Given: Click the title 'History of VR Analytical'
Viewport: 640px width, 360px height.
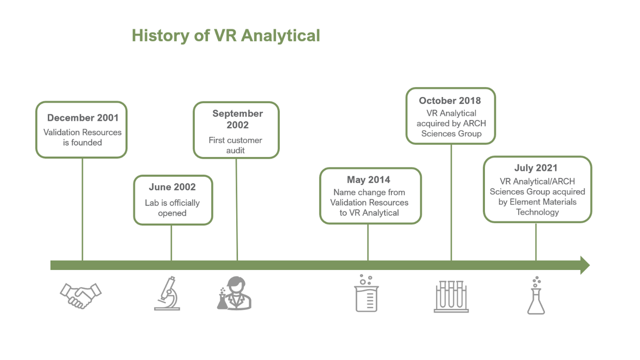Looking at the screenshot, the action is (x=226, y=36).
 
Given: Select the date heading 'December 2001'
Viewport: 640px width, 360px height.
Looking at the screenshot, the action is (x=83, y=118).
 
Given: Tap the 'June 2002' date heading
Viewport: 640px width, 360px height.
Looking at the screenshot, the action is (x=172, y=187).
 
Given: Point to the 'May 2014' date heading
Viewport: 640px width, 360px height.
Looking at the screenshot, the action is (x=369, y=180).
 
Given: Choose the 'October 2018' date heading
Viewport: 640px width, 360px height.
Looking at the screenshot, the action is (x=450, y=100).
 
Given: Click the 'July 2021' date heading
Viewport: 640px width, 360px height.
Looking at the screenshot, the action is (x=536, y=168).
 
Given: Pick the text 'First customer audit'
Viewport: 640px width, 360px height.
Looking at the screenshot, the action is (x=235, y=145).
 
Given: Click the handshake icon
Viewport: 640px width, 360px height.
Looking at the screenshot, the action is (x=81, y=296).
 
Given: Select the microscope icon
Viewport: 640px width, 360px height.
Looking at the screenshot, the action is (x=167, y=293).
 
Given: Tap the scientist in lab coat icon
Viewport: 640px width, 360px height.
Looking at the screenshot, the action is (x=234, y=293).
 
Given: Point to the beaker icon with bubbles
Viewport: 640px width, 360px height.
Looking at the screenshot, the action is (x=366, y=293).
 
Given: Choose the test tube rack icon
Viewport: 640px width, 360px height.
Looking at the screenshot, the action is (x=451, y=297).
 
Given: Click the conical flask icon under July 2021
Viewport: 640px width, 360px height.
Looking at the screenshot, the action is (x=536, y=295).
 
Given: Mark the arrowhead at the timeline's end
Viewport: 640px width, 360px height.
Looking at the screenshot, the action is (x=590, y=265).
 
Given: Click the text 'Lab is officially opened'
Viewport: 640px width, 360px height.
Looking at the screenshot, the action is (x=172, y=208).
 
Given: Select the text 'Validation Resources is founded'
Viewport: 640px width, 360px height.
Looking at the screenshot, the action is (x=82, y=137).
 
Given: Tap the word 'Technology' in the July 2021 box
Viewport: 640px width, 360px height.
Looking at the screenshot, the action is (x=537, y=212).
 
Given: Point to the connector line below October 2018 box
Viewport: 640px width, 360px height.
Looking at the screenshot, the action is (x=452, y=202).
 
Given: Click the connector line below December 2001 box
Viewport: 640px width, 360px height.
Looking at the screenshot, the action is (x=82, y=210).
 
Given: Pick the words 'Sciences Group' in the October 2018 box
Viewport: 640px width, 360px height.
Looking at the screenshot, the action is (x=452, y=134).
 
